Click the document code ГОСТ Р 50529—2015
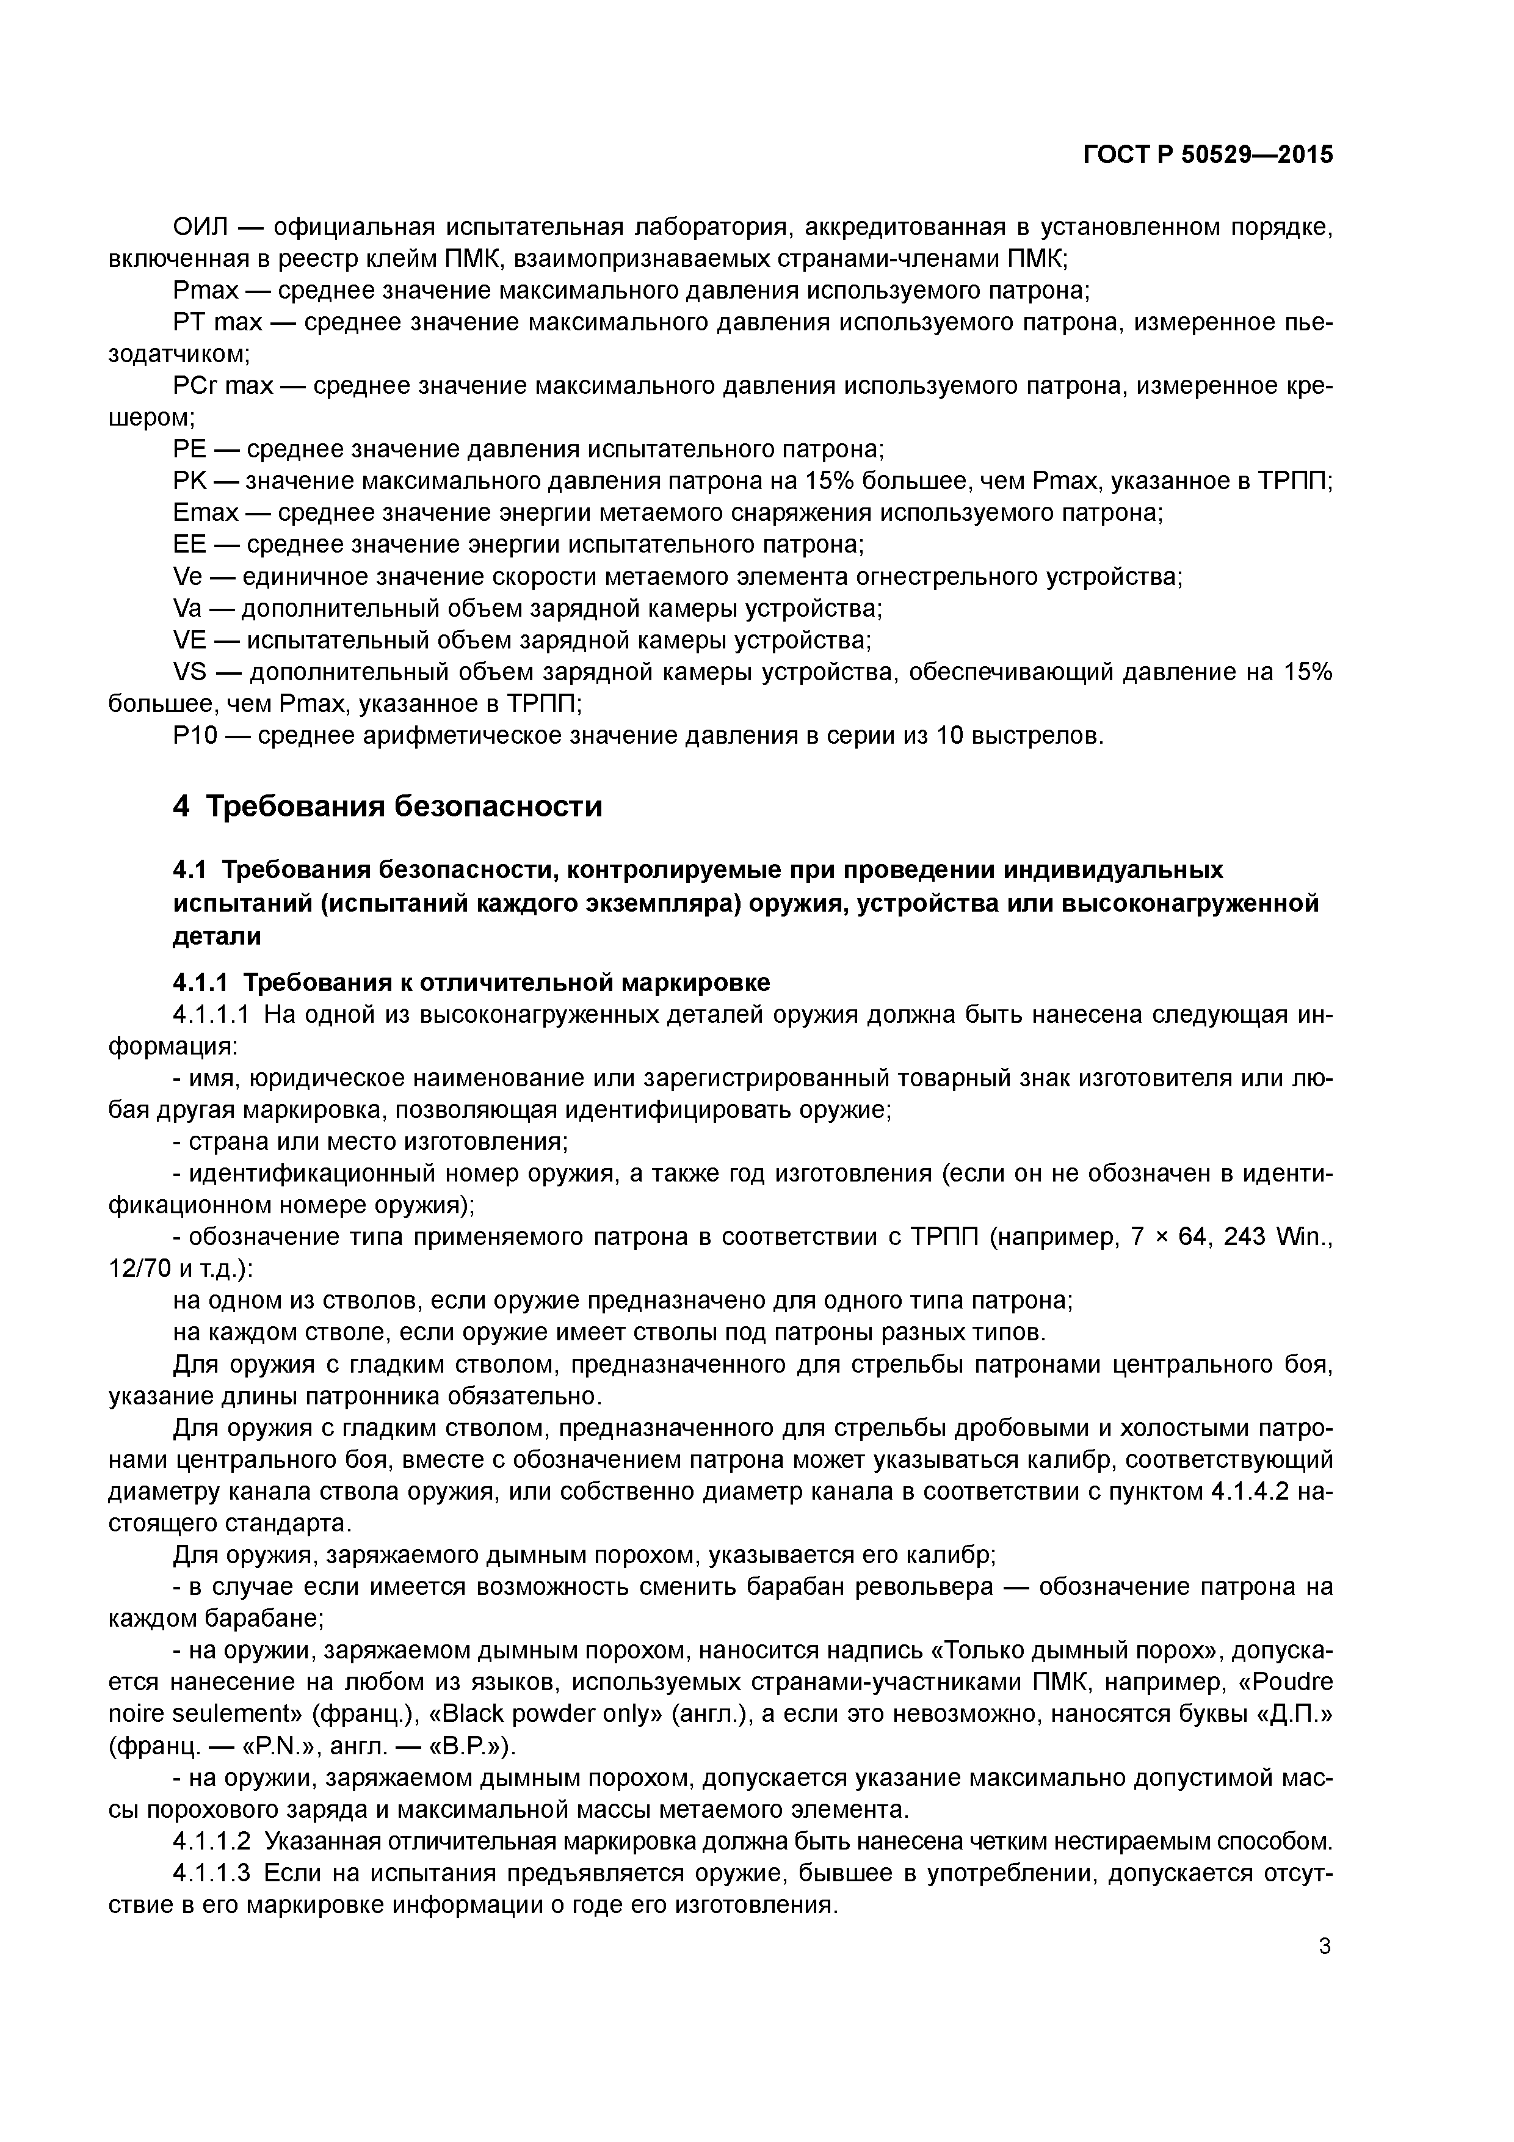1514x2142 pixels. click(x=1207, y=155)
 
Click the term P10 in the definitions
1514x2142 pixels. click(x=195, y=735)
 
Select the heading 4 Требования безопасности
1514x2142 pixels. click(x=387, y=806)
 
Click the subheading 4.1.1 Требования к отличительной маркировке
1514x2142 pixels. click(x=471, y=981)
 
